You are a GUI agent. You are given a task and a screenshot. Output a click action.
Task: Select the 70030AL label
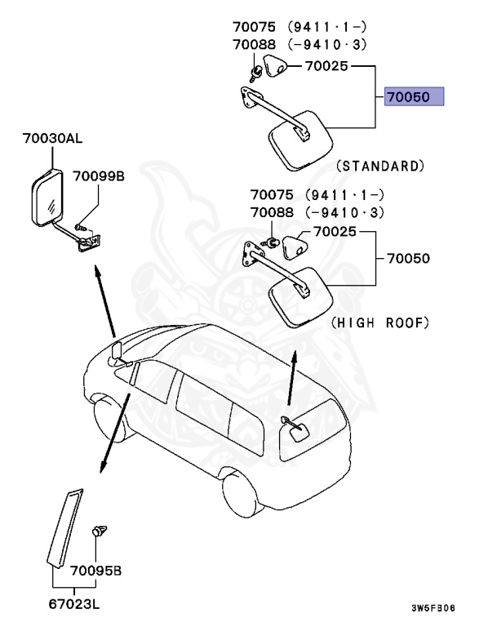pos(52,140)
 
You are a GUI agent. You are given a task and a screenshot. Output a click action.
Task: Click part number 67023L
pos(74,605)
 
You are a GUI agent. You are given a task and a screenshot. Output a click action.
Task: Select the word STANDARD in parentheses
pos(380,166)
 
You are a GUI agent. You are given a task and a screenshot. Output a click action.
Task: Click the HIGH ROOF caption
pos(380,323)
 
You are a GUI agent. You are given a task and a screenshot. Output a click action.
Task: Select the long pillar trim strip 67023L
pos(65,527)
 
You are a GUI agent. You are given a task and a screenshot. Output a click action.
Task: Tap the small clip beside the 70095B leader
pos(101,531)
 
